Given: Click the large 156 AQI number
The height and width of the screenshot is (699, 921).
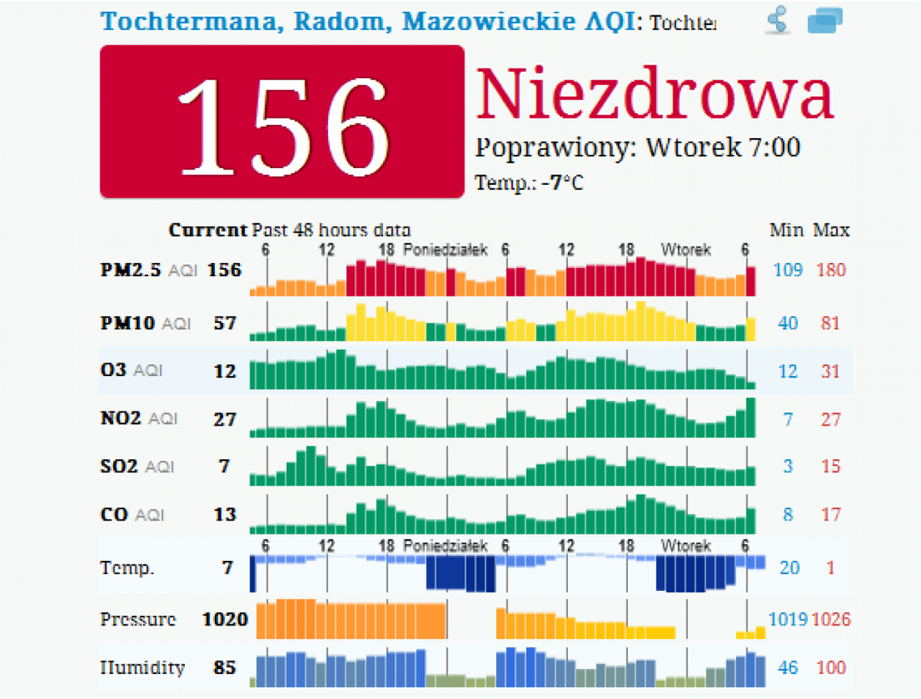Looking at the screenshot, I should [281, 122].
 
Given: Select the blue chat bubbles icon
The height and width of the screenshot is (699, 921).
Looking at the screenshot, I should [824, 20].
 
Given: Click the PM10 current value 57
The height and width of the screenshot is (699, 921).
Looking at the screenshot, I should [225, 323].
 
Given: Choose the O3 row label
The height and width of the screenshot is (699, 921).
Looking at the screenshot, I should [113, 370].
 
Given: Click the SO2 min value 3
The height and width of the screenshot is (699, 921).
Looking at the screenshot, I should [787, 467].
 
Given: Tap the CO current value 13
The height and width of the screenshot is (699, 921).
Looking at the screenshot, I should [225, 514].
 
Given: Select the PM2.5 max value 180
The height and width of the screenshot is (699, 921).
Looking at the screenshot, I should [831, 270].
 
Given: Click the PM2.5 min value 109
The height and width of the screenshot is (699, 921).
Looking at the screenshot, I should [788, 270].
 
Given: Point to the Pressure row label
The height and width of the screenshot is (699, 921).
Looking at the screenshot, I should [138, 619].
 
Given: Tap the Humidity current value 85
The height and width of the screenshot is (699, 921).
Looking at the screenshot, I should [225, 668].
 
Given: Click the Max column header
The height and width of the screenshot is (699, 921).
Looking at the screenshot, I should [831, 230].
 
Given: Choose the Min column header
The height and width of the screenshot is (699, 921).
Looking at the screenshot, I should [786, 230].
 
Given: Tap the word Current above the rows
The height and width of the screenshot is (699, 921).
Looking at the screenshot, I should [208, 230].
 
